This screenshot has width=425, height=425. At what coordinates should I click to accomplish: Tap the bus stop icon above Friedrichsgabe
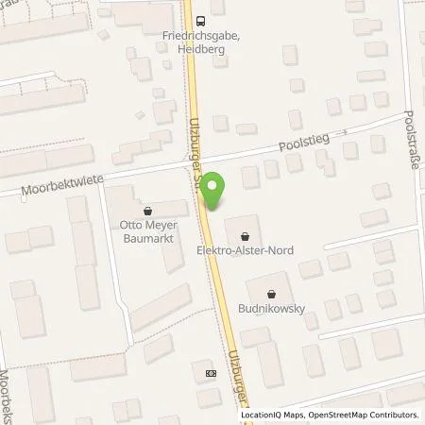(198, 20)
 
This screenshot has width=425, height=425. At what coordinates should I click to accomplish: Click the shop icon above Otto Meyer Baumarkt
(149, 211)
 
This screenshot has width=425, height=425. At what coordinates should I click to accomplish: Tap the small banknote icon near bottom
(210, 373)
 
